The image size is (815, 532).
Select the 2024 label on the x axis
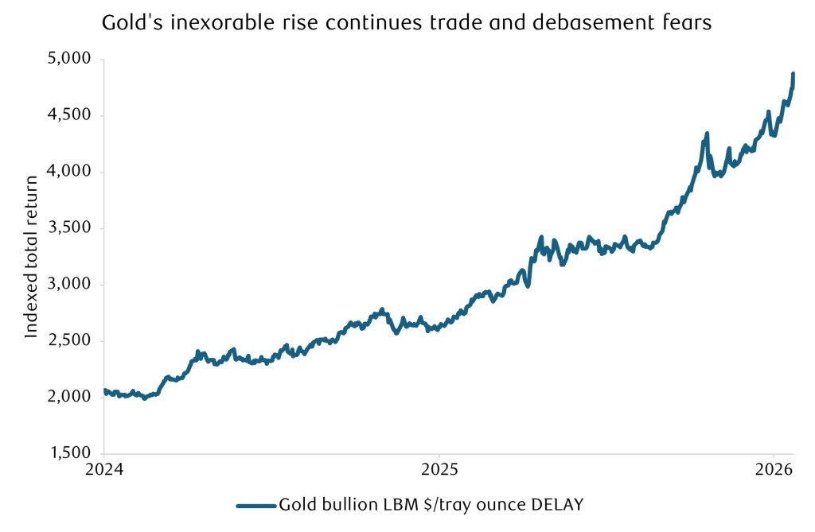click(x=104, y=469)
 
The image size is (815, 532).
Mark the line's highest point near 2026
click(x=793, y=74)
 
